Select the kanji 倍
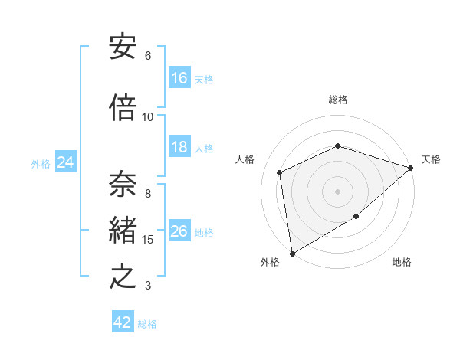pyautogui.click(x=123, y=109)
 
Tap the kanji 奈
pyautogui.click(x=123, y=185)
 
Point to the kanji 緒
pyautogui.click(x=123, y=231)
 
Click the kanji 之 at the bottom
pyautogui.click(x=123, y=277)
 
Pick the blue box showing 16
pyautogui.click(x=179, y=78)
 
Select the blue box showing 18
pyautogui.click(x=179, y=147)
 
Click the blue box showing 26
pyautogui.click(x=179, y=231)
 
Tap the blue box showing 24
pyautogui.click(x=65, y=162)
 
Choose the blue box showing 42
pyautogui.click(x=123, y=322)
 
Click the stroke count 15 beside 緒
pyautogui.click(x=148, y=240)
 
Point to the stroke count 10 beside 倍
pyautogui.click(x=148, y=117)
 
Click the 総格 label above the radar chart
pyautogui.click(x=338, y=100)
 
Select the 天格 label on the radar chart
pyautogui.click(x=431, y=159)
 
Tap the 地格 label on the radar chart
pyautogui.click(x=402, y=262)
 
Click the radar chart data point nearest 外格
pyautogui.click(x=292, y=253)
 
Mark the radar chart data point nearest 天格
pyautogui.click(x=411, y=168)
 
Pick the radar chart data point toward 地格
pyautogui.click(x=357, y=218)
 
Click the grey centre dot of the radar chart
pyautogui.click(x=338, y=191)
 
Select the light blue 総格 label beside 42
pyautogui.click(x=147, y=324)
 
